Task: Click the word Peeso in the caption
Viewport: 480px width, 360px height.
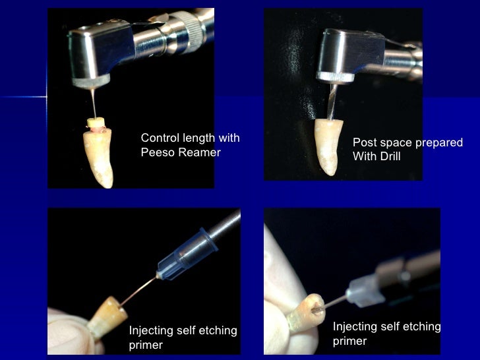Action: (x=157, y=153)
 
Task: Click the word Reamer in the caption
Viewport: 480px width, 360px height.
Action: (x=197, y=153)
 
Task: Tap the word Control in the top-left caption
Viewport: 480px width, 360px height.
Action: (x=159, y=138)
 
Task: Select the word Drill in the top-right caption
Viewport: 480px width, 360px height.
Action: (x=389, y=156)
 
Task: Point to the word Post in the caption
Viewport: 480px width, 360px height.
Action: (x=364, y=142)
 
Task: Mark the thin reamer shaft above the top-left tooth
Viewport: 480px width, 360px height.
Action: (x=95, y=102)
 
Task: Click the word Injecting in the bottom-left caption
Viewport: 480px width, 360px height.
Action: (x=150, y=331)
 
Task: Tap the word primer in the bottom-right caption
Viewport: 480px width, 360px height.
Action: (x=349, y=341)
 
